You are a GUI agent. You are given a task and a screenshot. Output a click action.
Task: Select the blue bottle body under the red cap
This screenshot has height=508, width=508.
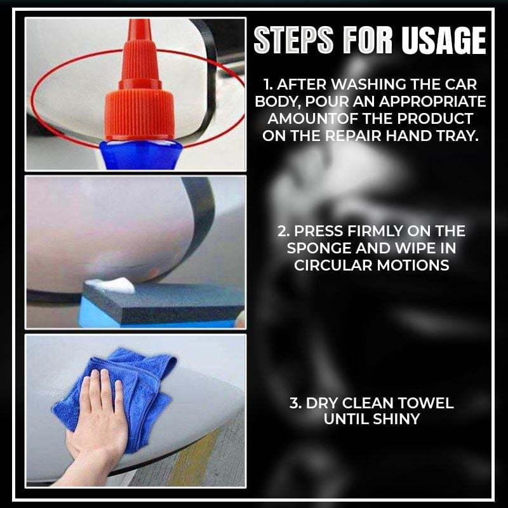pyautogui.click(x=140, y=155)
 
